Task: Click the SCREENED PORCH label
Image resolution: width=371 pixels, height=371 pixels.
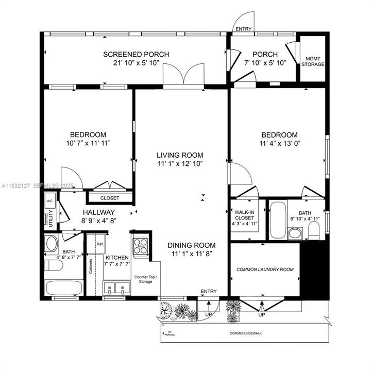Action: pyautogui.click(x=136, y=55)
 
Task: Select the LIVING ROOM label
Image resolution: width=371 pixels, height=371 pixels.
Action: pyautogui.click(x=180, y=155)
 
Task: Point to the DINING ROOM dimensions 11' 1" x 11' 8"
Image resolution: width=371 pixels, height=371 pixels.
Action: pyautogui.click(x=191, y=254)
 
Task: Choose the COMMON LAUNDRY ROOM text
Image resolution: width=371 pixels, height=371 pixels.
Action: pyautogui.click(x=265, y=269)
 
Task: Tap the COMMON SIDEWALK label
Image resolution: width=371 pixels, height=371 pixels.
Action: pyautogui.click(x=246, y=333)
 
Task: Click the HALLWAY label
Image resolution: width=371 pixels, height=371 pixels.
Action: pyautogui.click(x=98, y=212)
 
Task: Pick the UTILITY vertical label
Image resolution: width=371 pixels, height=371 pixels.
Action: pyautogui.click(x=51, y=219)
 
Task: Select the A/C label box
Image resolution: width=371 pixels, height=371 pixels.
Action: pyautogui.click(x=50, y=200)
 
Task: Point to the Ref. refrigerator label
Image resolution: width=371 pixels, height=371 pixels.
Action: pyautogui.click(x=100, y=244)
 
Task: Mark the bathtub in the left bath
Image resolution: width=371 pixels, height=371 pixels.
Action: pyautogui.click(x=64, y=289)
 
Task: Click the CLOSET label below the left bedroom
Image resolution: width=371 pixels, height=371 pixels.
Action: pyautogui.click(x=109, y=198)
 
